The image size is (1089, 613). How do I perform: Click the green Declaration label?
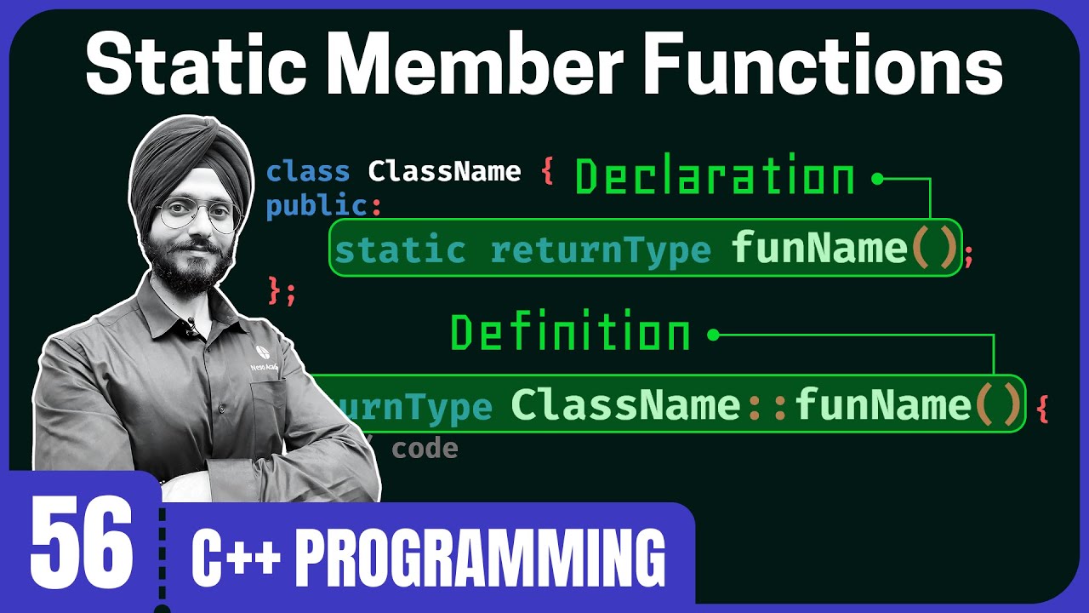715,177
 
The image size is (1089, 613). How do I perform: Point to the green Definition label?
570,333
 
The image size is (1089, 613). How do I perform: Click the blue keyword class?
308,172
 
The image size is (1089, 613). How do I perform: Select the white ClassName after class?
444,172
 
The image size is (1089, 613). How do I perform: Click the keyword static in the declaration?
400,249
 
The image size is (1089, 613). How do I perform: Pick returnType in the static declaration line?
600,249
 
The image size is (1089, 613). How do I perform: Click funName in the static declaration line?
819,248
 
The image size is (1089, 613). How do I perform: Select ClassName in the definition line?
626,405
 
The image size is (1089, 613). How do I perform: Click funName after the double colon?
883,405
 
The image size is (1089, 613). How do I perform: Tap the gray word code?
425,449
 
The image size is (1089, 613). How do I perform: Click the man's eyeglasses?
198,215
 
